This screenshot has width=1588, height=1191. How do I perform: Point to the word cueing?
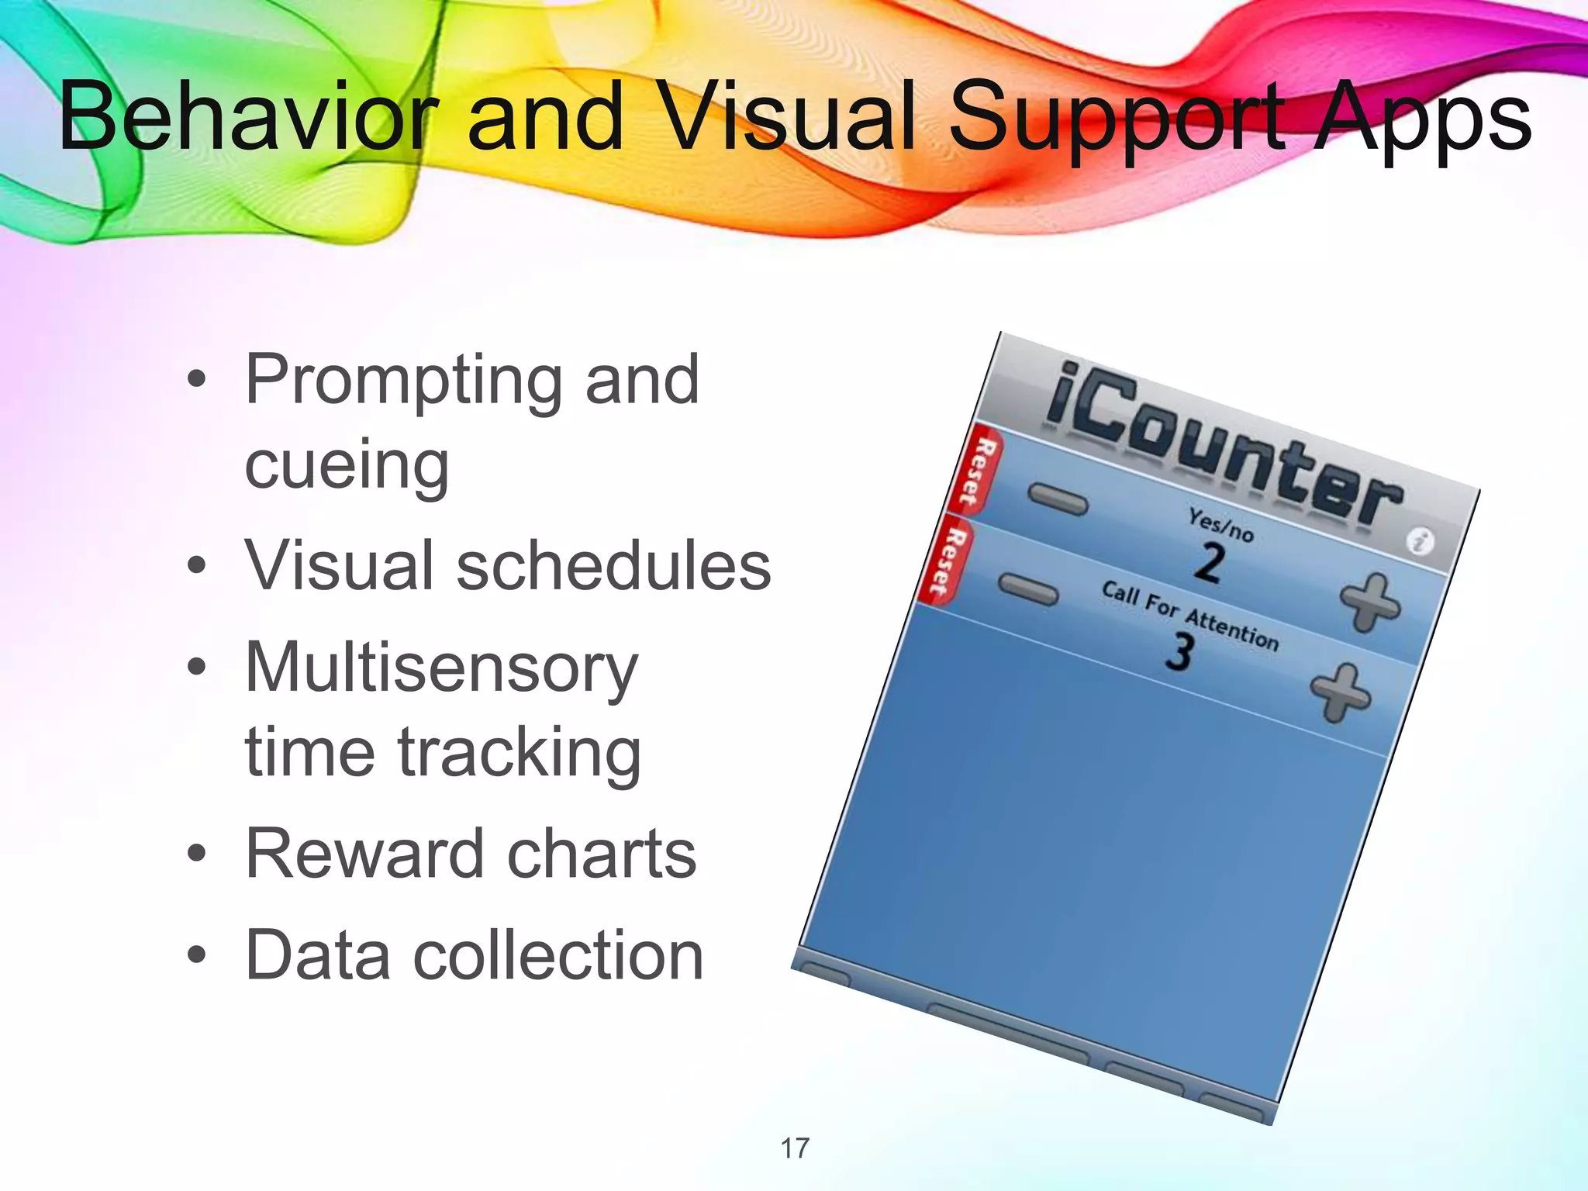click(347, 467)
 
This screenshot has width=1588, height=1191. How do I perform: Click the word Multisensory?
click(441, 668)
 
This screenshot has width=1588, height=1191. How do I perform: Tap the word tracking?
click(520, 752)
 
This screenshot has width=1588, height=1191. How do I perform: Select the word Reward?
click(363, 854)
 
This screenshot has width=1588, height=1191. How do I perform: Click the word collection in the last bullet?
click(558, 955)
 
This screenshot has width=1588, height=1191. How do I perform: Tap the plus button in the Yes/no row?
click(1370, 602)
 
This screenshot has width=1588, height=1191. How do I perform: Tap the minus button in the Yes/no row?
click(1058, 500)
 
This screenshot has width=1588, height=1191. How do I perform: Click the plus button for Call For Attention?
click(1340, 692)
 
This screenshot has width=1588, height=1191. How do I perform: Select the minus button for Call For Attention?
click(1028, 589)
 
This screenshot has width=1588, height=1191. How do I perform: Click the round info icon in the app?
click(1420, 541)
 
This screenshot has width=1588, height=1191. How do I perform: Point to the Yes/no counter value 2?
click(1209, 563)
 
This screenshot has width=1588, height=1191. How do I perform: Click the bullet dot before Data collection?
click(197, 956)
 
